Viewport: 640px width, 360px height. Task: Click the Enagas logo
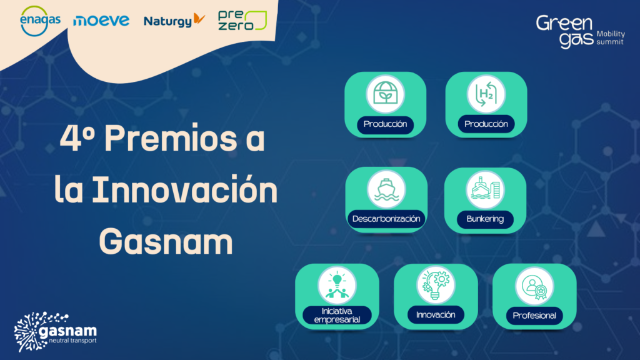[x=40, y=21]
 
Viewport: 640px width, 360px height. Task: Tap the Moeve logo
[x=101, y=21]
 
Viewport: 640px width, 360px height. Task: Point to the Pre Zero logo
[x=242, y=21]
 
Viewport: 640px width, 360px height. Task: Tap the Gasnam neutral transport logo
[x=56, y=331]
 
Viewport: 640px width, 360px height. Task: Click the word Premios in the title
[x=171, y=138]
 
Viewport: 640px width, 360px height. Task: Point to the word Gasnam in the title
[x=166, y=241]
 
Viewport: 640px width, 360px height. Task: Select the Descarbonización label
[x=386, y=219]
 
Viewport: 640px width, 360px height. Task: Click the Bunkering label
[x=485, y=219]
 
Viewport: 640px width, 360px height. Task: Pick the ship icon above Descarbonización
[x=386, y=189]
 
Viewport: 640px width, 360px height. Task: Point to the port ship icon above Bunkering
[x=485, y=189]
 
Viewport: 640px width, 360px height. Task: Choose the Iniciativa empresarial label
[x=337, y=315]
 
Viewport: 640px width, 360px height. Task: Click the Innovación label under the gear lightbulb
[x=436, y=315]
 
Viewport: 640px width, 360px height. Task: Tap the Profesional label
[x=534, y=316]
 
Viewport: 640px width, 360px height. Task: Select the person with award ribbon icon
[x=534, y=286]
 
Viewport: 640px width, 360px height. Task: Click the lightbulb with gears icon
[x=436, y=285]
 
